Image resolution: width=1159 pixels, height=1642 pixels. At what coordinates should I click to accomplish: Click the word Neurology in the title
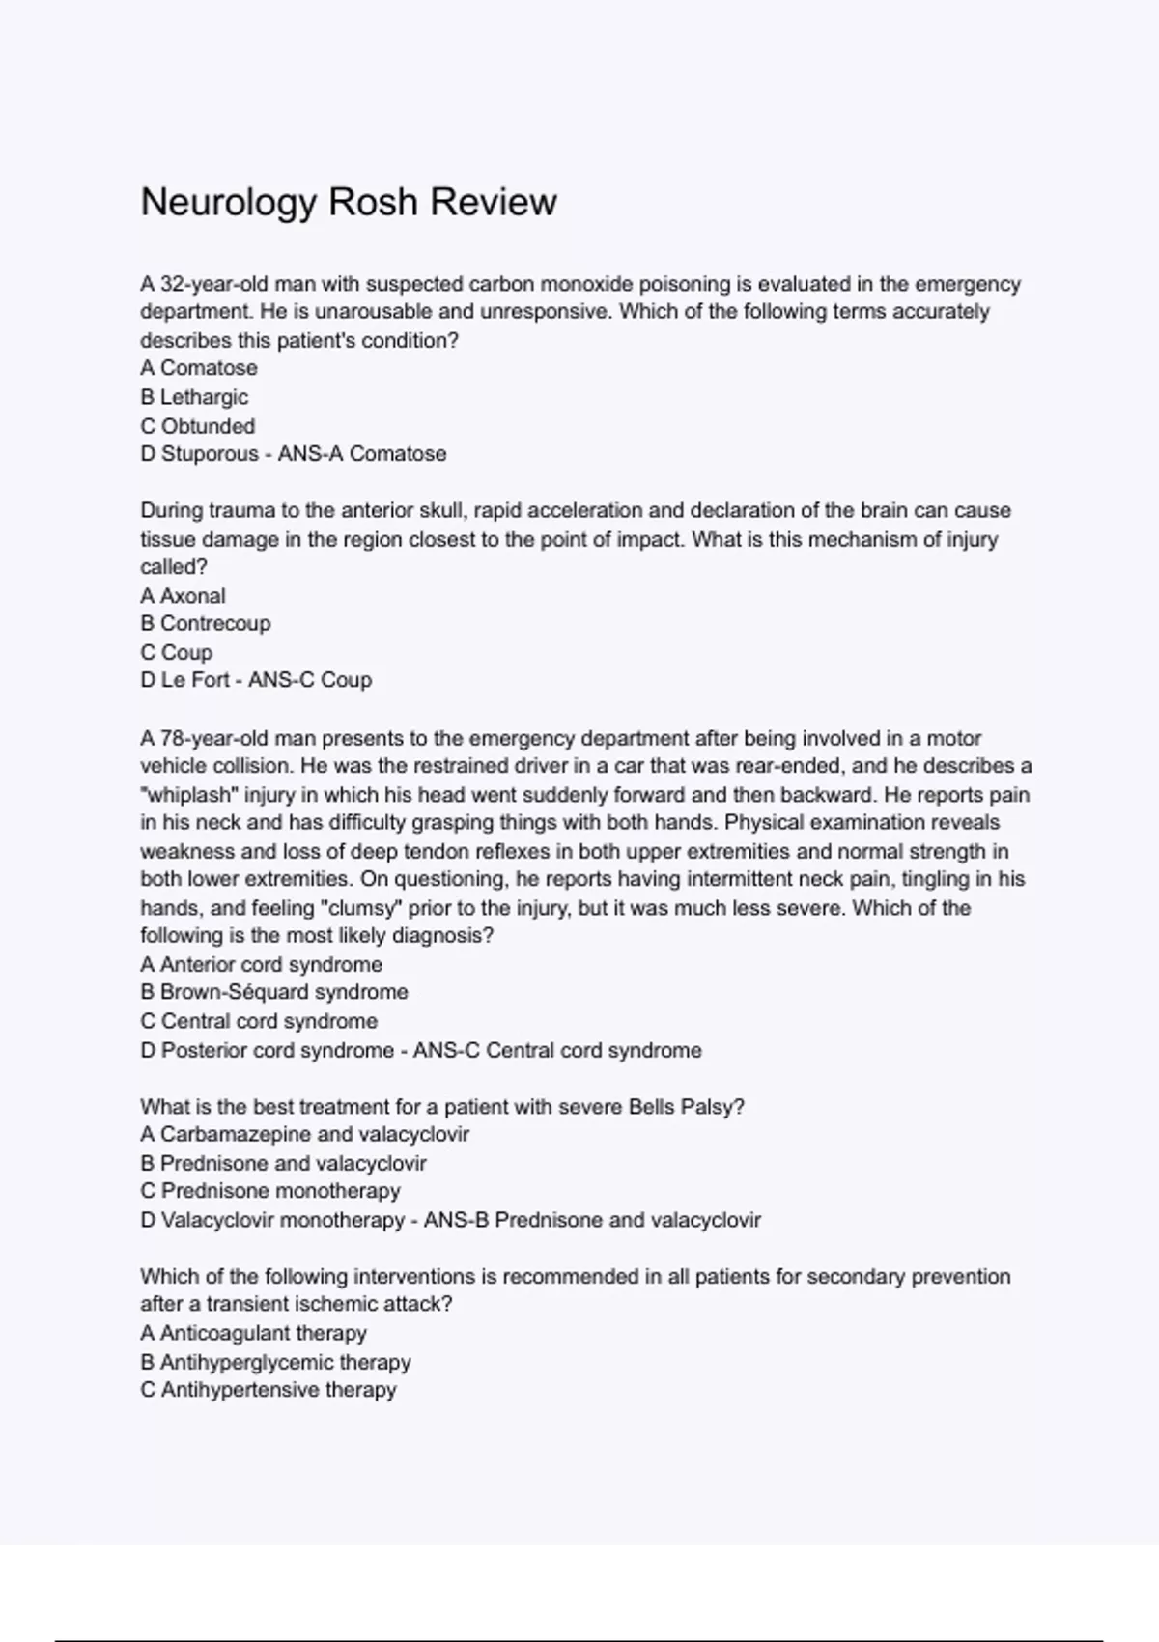[x=229, y=203]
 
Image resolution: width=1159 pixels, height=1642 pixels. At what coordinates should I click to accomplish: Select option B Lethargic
[x=194, y=397]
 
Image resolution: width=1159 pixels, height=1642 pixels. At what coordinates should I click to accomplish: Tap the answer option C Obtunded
[x=198, y=426]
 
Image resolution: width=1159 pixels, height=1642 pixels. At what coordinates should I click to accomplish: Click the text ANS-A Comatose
[x=362, y=454]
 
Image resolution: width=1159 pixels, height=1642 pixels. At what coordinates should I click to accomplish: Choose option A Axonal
[x=183, y=596]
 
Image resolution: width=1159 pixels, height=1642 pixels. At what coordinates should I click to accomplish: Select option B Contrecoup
[x=206, y=624]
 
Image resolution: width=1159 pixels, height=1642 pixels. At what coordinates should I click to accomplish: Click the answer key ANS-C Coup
[x=310, y=680]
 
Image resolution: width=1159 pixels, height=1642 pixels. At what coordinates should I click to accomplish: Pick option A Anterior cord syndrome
[x=261, y=965]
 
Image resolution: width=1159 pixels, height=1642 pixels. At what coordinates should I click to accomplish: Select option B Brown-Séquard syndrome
[x=274, y=992]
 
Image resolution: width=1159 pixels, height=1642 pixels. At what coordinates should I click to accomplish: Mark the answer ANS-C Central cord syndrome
[x=557, y=1050]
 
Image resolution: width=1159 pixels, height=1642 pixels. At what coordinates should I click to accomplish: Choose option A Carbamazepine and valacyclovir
[x=304, y=1135]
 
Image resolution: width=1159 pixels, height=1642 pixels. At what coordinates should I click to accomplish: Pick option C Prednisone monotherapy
[x=270, y=1191]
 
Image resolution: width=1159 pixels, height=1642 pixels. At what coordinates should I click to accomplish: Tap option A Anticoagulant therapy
[x=253, y=1334]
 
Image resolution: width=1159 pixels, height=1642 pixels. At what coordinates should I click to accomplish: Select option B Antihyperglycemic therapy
[x=275, y=1363]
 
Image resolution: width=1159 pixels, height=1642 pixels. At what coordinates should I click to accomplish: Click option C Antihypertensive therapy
[x=269, y=1390]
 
